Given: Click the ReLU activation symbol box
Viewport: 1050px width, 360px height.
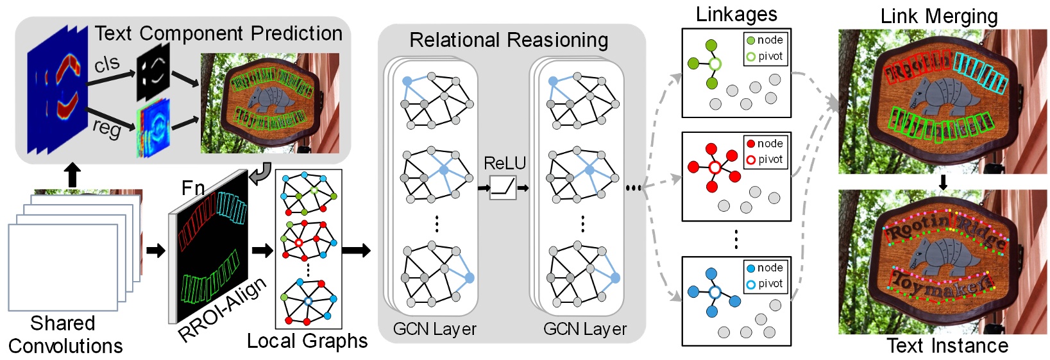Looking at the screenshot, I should point(503,187).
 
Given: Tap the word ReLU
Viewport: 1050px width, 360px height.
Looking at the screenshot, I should point(504,164).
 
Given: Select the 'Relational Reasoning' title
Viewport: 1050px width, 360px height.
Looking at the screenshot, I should point(509,40).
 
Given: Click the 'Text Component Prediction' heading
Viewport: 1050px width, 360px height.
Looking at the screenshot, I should point(218,33).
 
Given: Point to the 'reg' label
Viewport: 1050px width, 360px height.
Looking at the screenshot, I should point(106,127).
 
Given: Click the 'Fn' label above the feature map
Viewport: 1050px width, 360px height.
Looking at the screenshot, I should point(193,187).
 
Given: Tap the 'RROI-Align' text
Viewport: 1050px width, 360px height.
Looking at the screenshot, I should point(222,310).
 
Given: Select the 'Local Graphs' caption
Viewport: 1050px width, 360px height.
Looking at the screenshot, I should point(307,341).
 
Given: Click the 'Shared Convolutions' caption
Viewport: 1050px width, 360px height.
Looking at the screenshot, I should point(65,334).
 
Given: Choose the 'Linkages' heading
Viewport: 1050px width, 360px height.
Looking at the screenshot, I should point(736,15).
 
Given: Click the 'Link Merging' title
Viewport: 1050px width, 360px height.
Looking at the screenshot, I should point(938,16).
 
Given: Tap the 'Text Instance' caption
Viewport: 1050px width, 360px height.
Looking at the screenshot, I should point(947,346).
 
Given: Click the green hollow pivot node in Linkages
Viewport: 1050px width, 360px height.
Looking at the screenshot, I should point(715,64).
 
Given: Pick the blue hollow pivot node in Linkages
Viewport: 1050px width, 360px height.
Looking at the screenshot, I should point(715,292).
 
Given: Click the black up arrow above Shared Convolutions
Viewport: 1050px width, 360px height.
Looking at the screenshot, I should point(72,175).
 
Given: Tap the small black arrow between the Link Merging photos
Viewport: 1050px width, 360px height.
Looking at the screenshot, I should point(943,182).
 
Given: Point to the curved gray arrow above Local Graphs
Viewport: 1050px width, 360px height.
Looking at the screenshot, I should point(260,172).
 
